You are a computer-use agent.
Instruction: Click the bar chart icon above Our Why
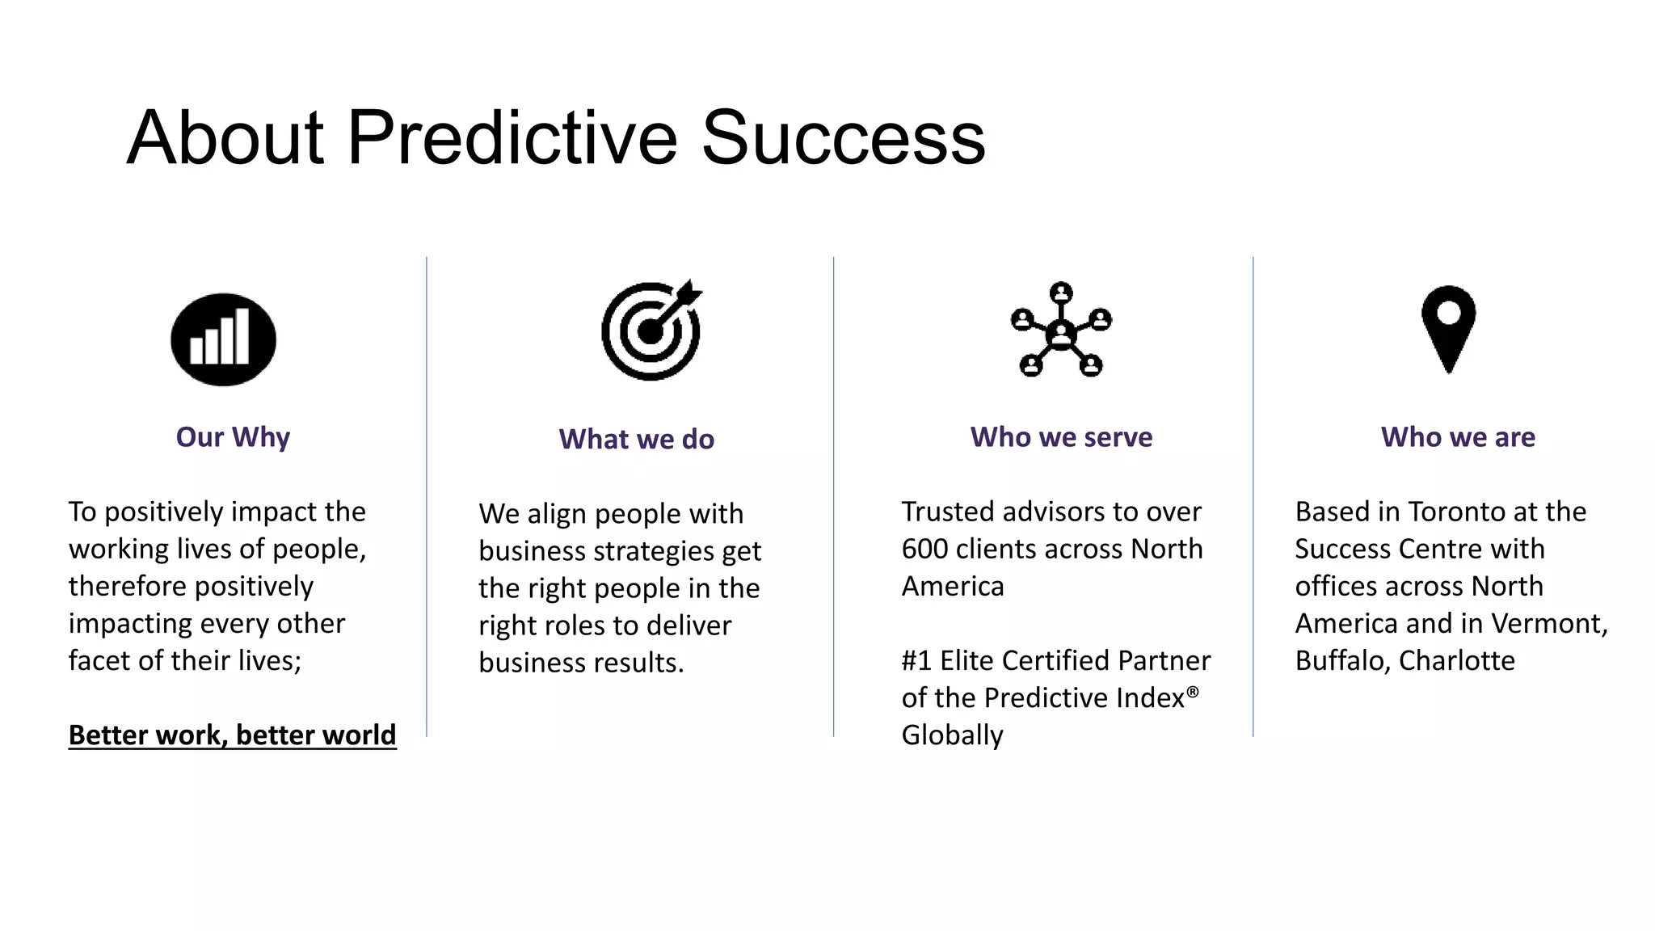(223, 339)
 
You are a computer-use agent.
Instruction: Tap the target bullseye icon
(651, 331)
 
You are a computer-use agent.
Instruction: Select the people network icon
(1061, 330)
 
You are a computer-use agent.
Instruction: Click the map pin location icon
(1448, 328)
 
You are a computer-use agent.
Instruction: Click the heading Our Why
(233, 437)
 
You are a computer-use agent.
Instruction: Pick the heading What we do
(637, 439)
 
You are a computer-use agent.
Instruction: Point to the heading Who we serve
(1061, 437)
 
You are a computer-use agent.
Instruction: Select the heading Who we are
(1458, 437)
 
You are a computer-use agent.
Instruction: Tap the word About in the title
(225, 138)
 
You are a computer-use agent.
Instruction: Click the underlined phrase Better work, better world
(233, 735)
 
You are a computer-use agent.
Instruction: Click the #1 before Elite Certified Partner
(916, 661)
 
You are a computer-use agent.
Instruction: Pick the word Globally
(952, 735)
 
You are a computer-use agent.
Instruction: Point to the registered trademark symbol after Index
(1193, 692)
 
